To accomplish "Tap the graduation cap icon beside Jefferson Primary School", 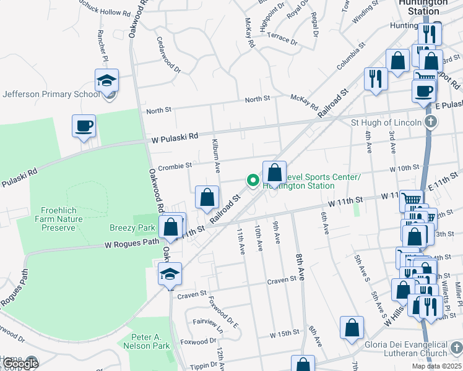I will point(106,80).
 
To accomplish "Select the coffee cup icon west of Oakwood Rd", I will point(84,126).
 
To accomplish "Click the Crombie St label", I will point(175,165).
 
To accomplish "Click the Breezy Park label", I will point(132,228).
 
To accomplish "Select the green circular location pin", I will point(253,181).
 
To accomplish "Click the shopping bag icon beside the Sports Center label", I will point(274,173).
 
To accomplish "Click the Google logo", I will point(20,364).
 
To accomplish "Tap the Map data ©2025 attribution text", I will point(436,366).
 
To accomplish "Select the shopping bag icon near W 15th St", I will point(352,328).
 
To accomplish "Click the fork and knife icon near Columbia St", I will point(376,79).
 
